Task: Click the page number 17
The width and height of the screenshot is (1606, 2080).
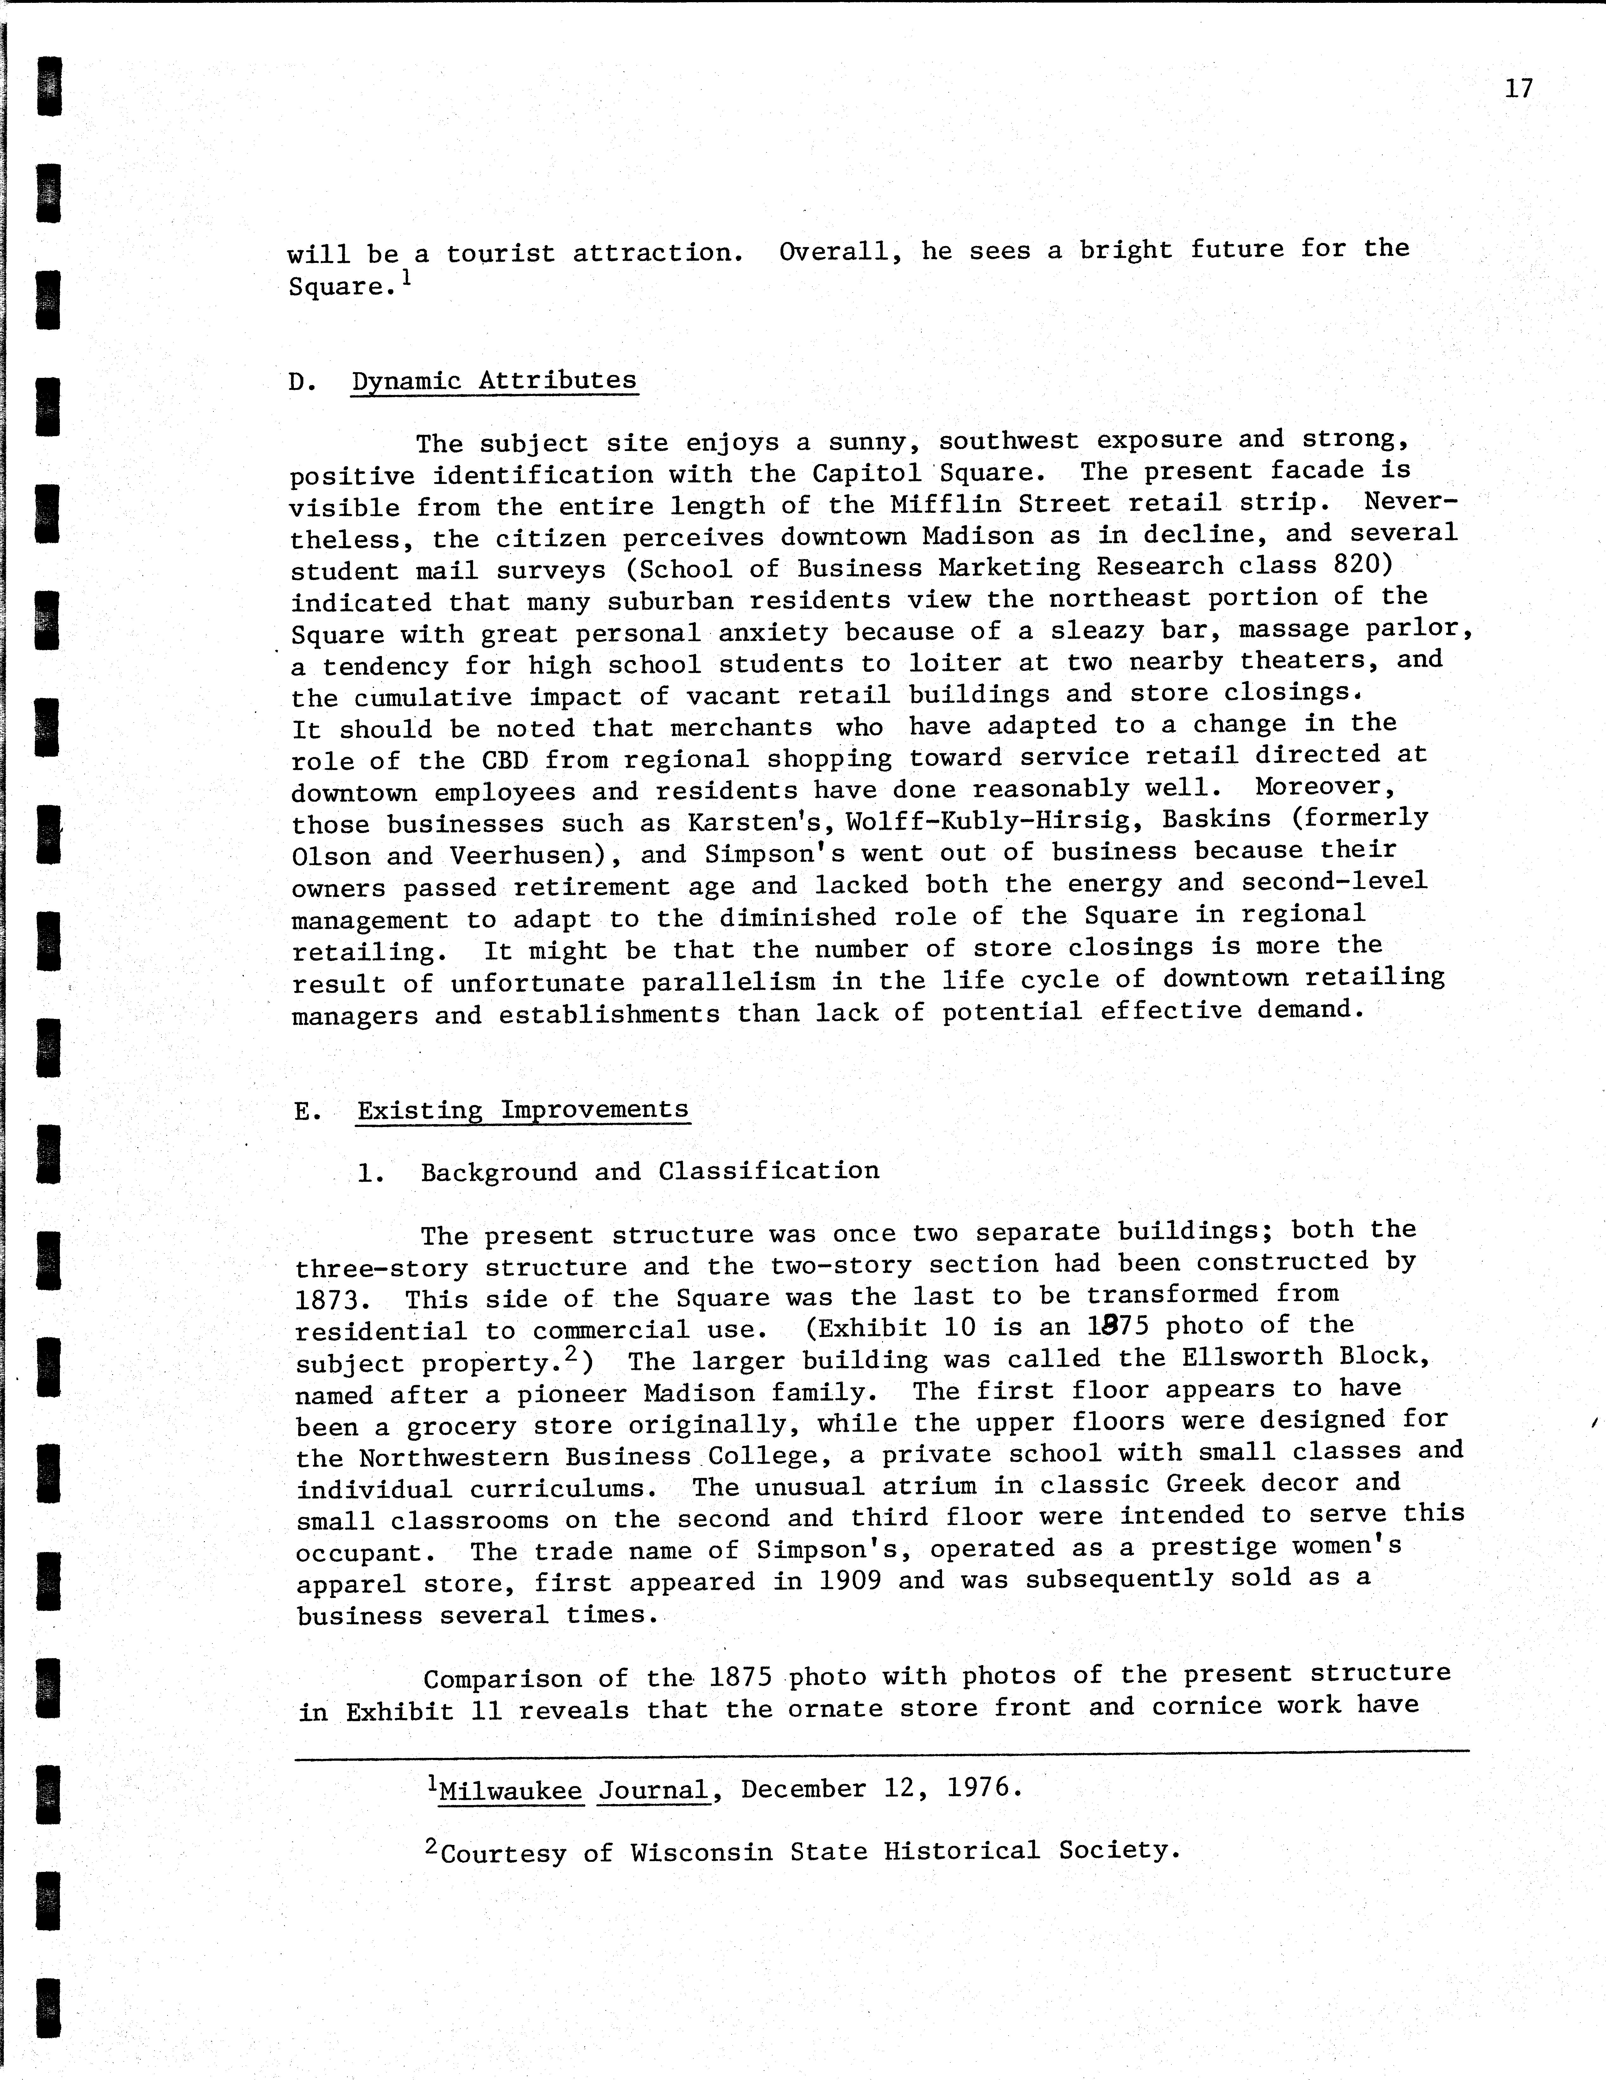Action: [x=1518, y=89]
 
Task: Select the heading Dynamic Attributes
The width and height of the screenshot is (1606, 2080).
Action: [x=494, y=381]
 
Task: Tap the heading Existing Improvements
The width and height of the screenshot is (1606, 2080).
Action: [x=523, y=1110]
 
